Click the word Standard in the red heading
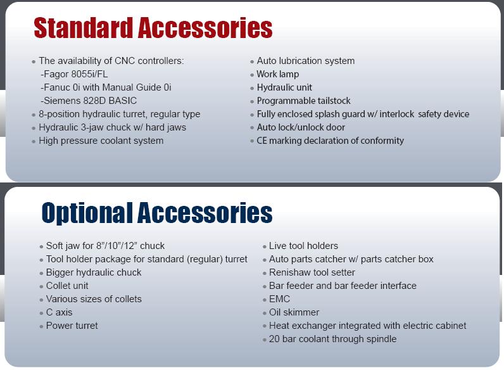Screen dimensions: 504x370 pyautogui.click(x=83, y=28)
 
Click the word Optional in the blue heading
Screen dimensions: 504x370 pyautogui.click(x=87, y=213)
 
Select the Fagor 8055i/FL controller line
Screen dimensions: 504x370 pyautogui.click(x=74, y=74)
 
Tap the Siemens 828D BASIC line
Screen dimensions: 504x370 pyautogui.click(x=89, y=101)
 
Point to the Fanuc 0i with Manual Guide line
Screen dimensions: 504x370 pyautogui.click(x=106, y=87)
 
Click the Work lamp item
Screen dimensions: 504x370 pyautogui.click(x=278, y=74)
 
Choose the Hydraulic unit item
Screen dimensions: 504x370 pyautogui.click(x=284, y=87)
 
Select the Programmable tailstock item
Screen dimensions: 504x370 pyautogui.click(x=304, y=101)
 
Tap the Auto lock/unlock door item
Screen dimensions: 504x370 pyautogui.click(x=301, y=127)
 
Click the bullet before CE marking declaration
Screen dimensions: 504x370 pyautogui.click(x=252, y=141)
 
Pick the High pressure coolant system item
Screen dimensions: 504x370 pyautogui.click(x=101, y=141)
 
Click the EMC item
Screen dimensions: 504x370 pyautogui.click(x=279, y=299)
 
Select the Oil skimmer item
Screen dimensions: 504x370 pyautogui.click(x=294, y=312)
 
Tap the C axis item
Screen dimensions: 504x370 pyautogui.click(x=59, y=312)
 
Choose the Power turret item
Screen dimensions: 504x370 pyautogui.click(x=72, y=326)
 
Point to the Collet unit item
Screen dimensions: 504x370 pyautogui.click(x=67, y=286)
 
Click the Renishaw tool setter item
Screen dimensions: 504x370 pyautogui.click(x=312, y=272)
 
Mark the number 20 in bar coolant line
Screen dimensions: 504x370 pyautogui.click(x=274, y=339)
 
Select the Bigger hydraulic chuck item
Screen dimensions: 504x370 pyautogui.click(x=94, y=272)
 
